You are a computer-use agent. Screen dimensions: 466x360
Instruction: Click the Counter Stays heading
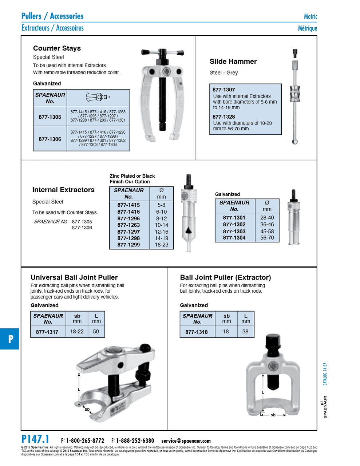point(57,48)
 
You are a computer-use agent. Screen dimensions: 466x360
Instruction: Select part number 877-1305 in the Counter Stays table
point(50,117)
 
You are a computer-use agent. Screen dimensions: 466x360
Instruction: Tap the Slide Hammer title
point(233,62)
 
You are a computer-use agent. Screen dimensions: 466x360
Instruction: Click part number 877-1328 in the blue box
point(223,116)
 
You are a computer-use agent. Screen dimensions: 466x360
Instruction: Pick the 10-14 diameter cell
point(161,225)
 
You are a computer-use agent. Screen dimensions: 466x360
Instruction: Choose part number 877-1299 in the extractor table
point(128,245)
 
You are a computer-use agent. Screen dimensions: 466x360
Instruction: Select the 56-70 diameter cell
point(267,238)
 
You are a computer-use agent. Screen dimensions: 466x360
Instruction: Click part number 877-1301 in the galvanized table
point(234,218)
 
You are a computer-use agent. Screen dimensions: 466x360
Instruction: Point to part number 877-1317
point(47,332)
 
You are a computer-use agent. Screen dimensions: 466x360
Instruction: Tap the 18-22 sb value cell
point(77,331)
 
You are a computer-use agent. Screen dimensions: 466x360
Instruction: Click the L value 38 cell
point(245,331)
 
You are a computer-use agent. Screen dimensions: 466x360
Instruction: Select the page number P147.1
point(35,439)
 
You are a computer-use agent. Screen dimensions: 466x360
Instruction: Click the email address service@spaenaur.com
point(186,441)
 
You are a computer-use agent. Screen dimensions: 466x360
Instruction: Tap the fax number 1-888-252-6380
point(135,441)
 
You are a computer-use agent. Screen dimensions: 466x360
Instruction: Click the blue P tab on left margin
point(10,339)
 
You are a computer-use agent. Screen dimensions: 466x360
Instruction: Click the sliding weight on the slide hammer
point(294,94)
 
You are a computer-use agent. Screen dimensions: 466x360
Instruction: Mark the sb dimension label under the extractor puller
point(273,415)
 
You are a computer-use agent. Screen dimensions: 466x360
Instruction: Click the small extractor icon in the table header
point(98,97)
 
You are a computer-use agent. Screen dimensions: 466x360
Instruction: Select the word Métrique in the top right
point(307,28)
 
